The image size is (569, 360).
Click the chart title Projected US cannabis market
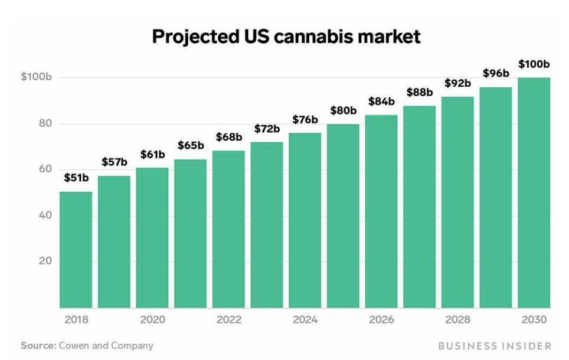point(286,37)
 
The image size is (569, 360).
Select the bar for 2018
point(76,250)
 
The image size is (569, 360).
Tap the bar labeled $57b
point(114,242)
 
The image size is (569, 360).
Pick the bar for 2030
point(534,192)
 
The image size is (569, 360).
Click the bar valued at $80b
point(343,216)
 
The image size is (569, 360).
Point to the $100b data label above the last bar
point(534,64)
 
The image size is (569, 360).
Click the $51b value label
point(76,178)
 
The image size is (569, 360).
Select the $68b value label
point(228,137)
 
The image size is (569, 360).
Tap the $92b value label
point(457,83)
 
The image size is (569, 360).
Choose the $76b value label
point(305,120)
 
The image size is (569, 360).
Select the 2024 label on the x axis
point(305,320)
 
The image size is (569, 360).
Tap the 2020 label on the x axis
point(152,320)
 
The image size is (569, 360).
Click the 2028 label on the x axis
point(457,320)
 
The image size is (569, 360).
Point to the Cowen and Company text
point(106,346)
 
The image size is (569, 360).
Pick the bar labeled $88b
point(420,207)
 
